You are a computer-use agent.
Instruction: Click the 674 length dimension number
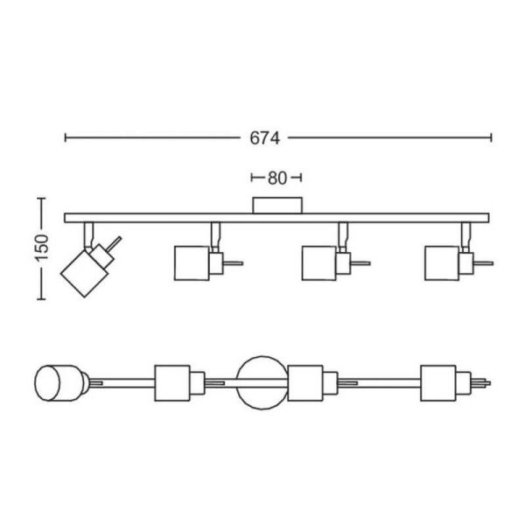[264, 138]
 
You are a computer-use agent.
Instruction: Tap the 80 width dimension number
[277, 178]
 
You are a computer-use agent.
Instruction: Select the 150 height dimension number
[43, 248]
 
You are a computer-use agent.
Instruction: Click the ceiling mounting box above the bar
[277, 205]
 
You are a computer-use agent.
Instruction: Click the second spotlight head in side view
[199, 263]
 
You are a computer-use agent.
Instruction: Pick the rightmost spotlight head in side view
[449, 263]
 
